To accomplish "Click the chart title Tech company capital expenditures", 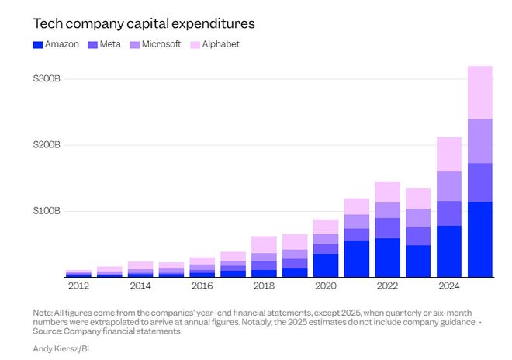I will coord(144,24).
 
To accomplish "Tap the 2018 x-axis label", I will coord(264,286).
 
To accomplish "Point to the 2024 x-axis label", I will coord(449,286).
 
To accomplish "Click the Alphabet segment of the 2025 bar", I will coord(480,92).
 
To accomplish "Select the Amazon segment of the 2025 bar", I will coord(480,239).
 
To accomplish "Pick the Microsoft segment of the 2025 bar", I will coord(480,140).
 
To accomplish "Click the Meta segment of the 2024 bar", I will coord(449,213).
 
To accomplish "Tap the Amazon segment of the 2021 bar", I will coord(356,258).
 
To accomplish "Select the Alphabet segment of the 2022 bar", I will coord(387,192).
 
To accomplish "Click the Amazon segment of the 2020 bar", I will coord(326,265).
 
